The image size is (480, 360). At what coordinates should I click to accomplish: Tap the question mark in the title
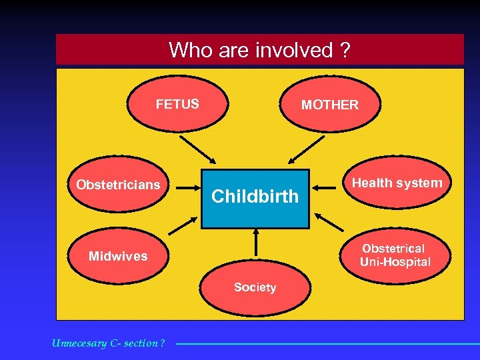coord(344,50)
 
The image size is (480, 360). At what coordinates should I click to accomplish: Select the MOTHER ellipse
coord(330,105)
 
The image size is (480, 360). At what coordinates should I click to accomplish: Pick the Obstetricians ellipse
coord(119,185)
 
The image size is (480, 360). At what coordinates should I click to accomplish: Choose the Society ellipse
coord(255,287)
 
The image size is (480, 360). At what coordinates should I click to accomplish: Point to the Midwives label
coord(118,256)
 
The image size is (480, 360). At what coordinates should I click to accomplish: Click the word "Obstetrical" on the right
coord(393,249)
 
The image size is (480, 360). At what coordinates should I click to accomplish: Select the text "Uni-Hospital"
coord(395,262)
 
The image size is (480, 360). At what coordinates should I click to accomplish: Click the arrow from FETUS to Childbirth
coord(198,150)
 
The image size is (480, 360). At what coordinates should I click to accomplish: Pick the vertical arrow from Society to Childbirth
coord(255,243)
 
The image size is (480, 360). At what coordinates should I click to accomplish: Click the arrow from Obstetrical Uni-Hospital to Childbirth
coord(331,221)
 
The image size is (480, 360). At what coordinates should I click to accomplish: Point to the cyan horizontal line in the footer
coord(327,344)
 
